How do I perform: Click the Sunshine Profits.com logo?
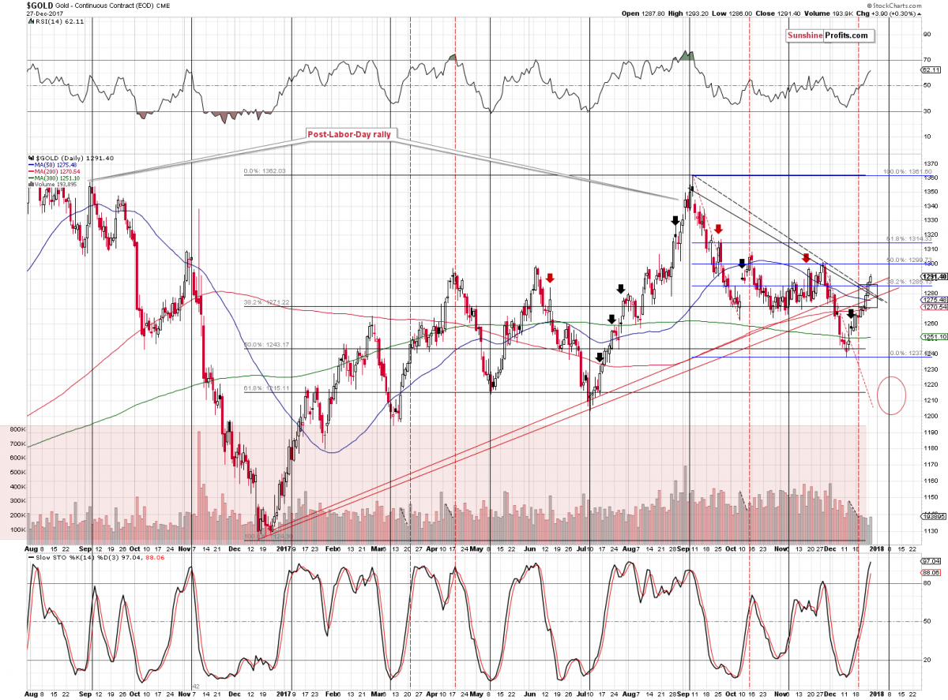point(826,36)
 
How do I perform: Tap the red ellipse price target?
point(891,396)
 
